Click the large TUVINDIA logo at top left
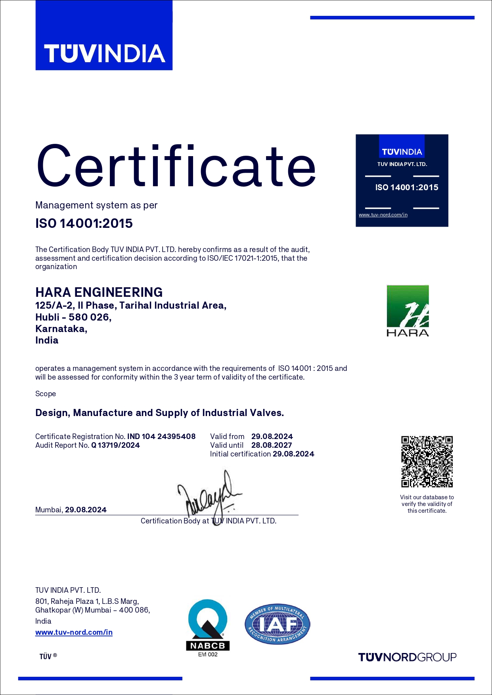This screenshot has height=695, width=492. [x=104, y=36]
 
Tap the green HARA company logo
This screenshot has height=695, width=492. [x=408, y=311]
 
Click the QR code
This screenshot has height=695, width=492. [x=427, y=462]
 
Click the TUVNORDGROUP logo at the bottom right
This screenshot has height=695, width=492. [x=407, y=657]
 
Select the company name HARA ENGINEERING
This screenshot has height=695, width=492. [x=99, y=292]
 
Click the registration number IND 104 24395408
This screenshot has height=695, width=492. [x=161, y=436]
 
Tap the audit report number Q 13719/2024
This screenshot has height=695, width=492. [x=115, y=445]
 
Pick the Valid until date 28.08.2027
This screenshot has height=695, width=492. [x=272, y=445]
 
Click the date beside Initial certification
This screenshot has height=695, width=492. [x=293, y=454]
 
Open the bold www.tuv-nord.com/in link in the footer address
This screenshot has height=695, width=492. [x=74, y=632]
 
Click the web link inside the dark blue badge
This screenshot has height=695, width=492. [x=383, y=215]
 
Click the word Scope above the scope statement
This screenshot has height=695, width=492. [x=46, y=394]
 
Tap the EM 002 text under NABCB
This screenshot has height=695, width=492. [x=208, y=655]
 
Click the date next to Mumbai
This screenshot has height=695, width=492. [x=86, y=510]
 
